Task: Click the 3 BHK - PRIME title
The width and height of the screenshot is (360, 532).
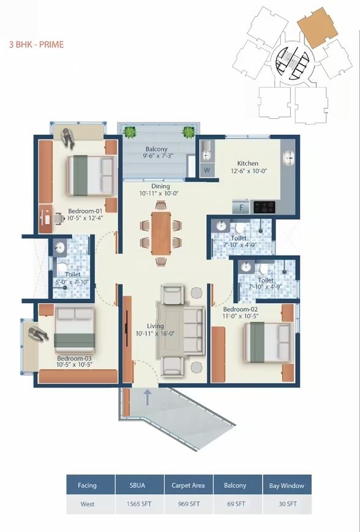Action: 36,45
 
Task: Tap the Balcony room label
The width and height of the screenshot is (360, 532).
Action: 156,149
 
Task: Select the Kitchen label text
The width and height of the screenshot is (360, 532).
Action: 248,163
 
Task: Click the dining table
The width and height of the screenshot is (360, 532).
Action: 161,233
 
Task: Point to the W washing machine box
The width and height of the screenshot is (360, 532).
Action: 207,170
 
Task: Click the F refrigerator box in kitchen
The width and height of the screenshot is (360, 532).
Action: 241,207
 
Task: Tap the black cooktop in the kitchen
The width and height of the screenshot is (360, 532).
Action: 264,207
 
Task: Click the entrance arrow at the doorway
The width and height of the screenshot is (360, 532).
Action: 148,397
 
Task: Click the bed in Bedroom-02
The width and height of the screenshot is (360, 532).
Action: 268,342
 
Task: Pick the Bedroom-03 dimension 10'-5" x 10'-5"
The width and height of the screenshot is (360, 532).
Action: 75,365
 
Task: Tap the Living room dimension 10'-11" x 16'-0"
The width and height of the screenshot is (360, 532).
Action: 155,334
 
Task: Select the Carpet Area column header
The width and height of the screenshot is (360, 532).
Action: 188,485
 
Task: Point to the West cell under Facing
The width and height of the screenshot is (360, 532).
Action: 87,504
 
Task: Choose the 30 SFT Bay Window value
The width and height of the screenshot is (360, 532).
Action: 287,504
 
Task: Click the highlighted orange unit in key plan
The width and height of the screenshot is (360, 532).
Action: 317,28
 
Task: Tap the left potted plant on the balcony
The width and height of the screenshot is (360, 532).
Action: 129,132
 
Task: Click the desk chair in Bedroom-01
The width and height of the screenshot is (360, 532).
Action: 59,218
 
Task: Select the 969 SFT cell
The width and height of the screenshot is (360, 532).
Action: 189,504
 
